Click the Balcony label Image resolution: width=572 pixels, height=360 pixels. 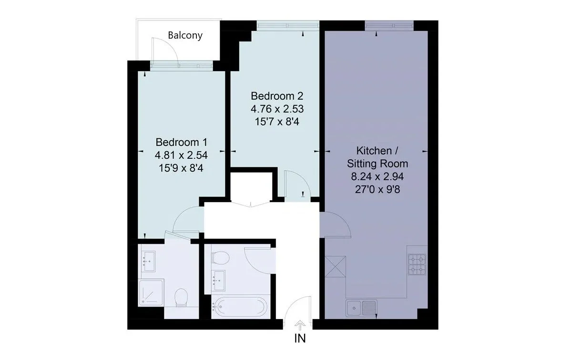click(x=185, y=35)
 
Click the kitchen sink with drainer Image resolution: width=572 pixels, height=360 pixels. click(x=362, y=308)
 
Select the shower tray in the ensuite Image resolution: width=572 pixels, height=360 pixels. click(x=151, y=292)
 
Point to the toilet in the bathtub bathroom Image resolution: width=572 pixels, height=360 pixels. click(x=220, y=258)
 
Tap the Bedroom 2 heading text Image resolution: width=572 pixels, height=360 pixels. click(x=277, y=95)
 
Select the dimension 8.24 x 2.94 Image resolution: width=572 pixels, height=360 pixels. click(x=377, y=176)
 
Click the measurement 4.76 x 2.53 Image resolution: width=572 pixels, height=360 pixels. click(x=277, y=108)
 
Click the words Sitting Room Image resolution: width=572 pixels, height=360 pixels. click(x=377, y=164)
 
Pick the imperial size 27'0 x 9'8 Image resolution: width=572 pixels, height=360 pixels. click(x=377, y=188)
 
